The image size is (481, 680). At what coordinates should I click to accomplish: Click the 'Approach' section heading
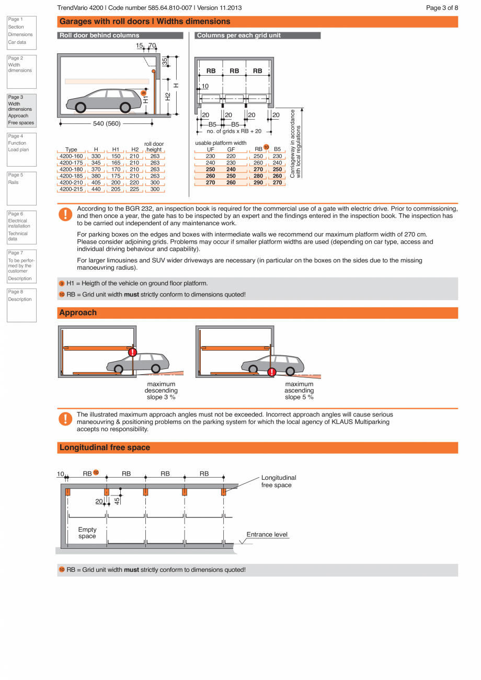coord(78,313)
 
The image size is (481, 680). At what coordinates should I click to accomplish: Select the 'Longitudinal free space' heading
coord(105,447)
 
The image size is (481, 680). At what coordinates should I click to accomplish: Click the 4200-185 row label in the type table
coord(71,176)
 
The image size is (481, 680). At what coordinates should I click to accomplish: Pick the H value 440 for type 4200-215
coord(96,189)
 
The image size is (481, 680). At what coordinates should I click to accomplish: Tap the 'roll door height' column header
coord(154,147)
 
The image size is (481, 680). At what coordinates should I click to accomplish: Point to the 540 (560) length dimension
coord(107,124)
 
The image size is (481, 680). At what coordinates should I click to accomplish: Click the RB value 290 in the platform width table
coord(258,183)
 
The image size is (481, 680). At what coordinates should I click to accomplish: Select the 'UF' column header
coord(210,149)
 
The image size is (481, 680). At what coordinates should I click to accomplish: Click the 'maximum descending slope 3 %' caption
coord(161,391)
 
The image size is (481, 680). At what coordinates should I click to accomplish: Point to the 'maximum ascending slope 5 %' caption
coord(299,391)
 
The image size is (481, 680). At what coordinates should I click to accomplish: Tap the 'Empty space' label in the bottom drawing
coord(87,533)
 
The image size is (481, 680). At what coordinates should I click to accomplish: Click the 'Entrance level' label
coord(267,534)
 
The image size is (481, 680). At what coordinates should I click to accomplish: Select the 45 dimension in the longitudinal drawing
coord(117,500)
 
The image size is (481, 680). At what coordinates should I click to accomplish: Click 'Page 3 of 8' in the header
coord(442,8)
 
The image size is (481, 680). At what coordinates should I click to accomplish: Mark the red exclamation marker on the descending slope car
coord(132,353)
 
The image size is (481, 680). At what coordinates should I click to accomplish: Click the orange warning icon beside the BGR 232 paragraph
coord(65,214)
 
